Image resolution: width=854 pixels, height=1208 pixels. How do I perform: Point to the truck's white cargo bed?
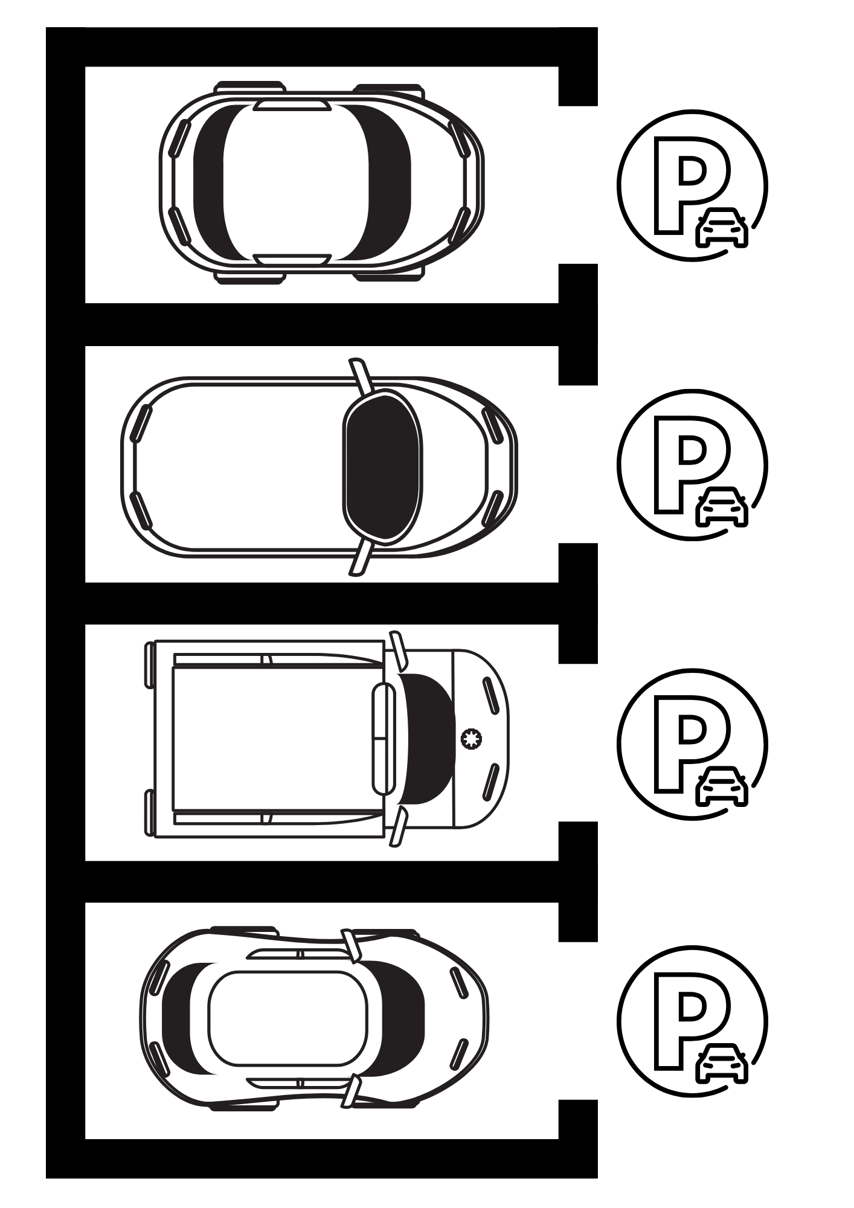pyautogui.click(x=278, y=738)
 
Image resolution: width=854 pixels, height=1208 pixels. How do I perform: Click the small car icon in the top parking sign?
pyautogui.click(x=722, y=227)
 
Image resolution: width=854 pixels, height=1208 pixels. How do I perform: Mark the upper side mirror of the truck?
pyautogui.click(x=399, y=651)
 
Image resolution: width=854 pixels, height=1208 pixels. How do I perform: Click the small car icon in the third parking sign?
pyautogui.click(x=722, y=786)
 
